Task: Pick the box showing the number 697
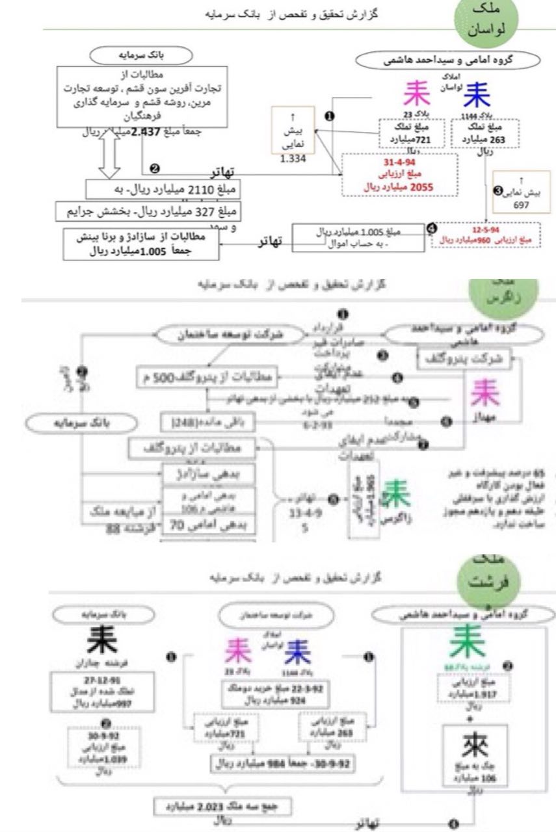522,192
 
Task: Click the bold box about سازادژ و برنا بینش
142,244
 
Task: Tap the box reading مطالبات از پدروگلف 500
207,376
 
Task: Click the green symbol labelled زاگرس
395,496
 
